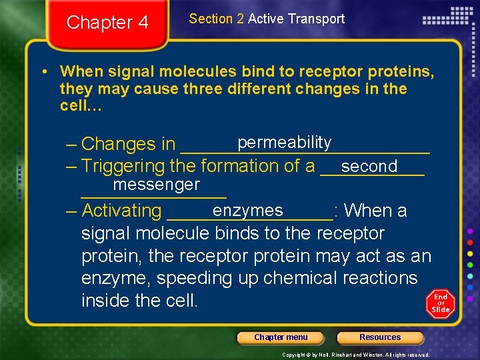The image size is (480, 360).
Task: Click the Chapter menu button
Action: pyautogui.click(x=281, y=337)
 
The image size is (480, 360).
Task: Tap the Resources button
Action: pyautogui.click(x=380, y=337)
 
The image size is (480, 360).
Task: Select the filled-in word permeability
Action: pyautogui.click(x=284, y=142)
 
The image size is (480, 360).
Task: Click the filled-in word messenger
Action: pyautogui.click(x=156, y=184)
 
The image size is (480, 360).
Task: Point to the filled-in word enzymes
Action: pyautogui.click(x=248, y=210)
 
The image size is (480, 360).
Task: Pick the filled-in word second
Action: pyautogui.click(x=369, y=166)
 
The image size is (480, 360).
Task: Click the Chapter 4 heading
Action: pyautogui.click(x=107, y=23)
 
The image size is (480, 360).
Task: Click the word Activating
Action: pyautogui.click(x=121, y=211)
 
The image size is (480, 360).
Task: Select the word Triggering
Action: pyautogui.click(x=123, y=166)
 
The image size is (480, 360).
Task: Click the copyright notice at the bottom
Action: pyautogui.click(x=355, y=355)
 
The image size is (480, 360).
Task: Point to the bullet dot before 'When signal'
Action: pyautogui.click(x=43, y=71)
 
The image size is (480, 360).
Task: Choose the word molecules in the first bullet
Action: pyautogui.click(x=197, y=71)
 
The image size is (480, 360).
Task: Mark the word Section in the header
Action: pyautogui.click(x=207, y=19)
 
